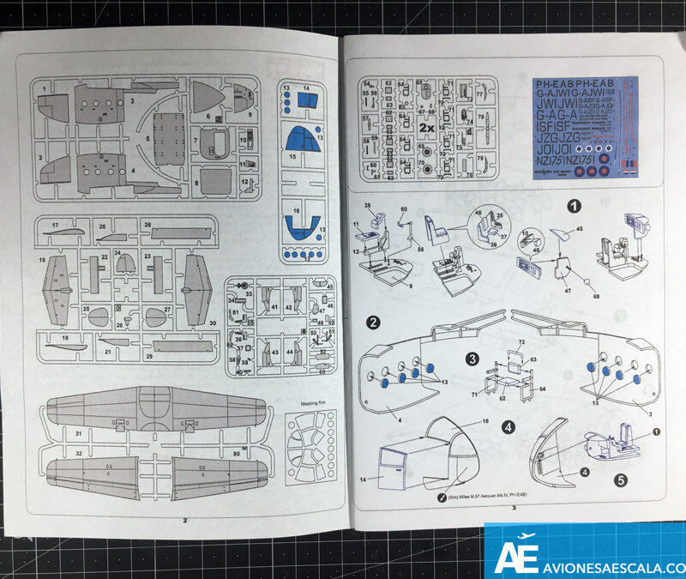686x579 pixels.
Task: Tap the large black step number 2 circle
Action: (374, 323)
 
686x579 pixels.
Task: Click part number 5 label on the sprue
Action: (147, 137)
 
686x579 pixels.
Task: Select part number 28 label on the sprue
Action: (147, 225)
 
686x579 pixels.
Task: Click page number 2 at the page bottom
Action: (184, 518)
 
